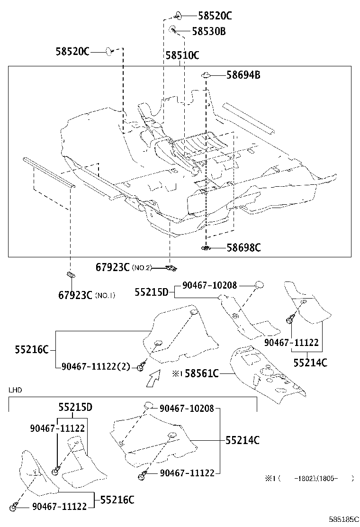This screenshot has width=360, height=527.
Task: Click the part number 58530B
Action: [209, 31]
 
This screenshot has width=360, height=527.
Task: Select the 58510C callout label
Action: [182, 55]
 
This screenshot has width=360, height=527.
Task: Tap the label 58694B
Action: [243, 75]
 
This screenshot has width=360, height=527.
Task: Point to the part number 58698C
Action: [243, 247]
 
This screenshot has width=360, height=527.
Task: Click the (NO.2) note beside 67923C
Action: [142, 268]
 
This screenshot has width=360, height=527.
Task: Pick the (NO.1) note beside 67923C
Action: [105, 295]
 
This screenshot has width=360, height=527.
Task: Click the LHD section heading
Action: [15, 390]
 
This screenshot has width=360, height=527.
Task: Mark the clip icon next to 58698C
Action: [206, 247]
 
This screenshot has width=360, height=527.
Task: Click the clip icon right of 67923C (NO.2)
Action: [171, 268]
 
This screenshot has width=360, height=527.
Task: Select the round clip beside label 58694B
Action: [206, 75]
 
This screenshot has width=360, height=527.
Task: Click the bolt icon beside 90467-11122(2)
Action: [141, 367]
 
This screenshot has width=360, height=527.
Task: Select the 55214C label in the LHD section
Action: [242, 440]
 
